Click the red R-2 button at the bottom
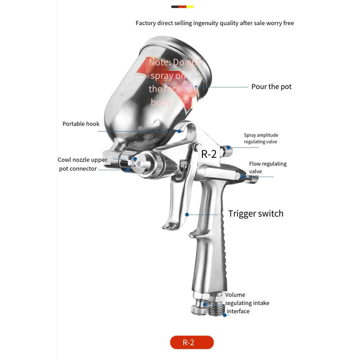[191, 342]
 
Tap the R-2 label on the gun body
[208, 154]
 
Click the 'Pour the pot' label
[271, 86]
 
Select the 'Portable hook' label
[81, 124]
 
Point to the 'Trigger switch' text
[255, 213]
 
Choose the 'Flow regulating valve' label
[267, 167]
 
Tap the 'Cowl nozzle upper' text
[82, 160]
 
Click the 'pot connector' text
[77, 169]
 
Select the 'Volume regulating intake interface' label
[246, 303]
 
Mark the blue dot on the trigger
[187, 214]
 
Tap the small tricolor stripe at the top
[182, 7]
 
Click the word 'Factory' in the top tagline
[146, 23]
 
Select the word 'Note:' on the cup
[159, 63]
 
